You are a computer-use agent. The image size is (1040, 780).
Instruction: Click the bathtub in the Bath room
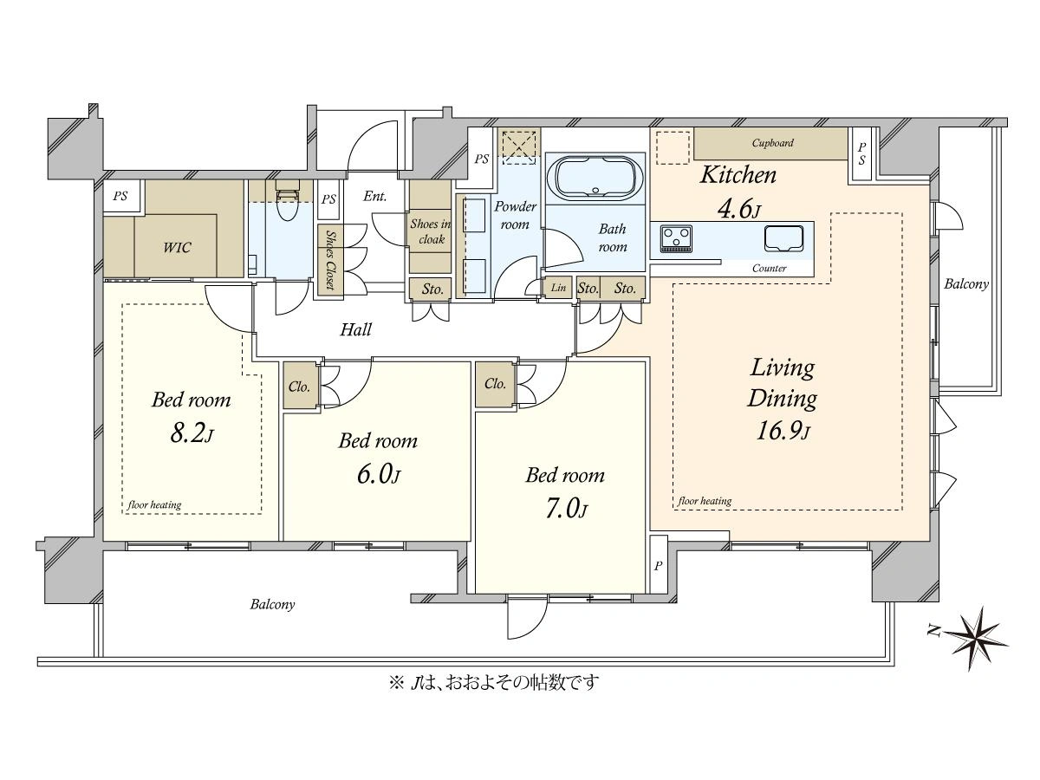[x=595, y=179]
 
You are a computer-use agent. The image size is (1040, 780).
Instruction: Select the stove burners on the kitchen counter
[x=676, y=237]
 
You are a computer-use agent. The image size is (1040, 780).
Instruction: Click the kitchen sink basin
[x=783, y=237]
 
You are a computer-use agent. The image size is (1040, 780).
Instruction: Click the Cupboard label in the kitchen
[x=772, y=142]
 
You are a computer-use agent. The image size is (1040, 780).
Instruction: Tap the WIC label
[x=177, y=247]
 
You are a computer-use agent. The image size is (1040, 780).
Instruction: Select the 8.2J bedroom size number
[x=192, y=432]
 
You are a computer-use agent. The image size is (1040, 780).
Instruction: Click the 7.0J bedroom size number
[x=566, y=510]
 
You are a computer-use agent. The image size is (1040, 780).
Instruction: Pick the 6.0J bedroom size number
[x=379, y=474]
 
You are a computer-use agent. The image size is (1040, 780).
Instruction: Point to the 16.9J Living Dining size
[x=783, y=431]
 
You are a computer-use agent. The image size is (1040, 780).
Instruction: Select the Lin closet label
[x=559, y=287]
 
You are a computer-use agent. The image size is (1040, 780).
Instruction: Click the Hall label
[x=356, y=329]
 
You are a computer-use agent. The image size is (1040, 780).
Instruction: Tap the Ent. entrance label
[x=375, y=196]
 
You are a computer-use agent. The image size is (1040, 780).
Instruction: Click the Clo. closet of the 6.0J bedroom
[x=300, y=386]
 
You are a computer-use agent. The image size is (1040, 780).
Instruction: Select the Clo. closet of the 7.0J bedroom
[x=495, y=384]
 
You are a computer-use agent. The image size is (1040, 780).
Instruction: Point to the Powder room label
[x=515, y=215]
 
